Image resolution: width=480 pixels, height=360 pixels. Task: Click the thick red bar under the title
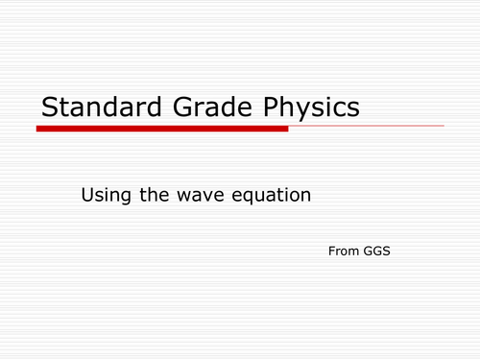point(162,128)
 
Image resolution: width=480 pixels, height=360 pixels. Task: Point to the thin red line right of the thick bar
point(366,126)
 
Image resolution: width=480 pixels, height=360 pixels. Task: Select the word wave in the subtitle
point(196,196)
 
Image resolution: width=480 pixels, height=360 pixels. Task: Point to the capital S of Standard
point(47,108)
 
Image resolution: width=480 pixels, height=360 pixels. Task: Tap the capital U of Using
point(87,195)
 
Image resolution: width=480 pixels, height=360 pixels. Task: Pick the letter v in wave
point(199,197)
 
